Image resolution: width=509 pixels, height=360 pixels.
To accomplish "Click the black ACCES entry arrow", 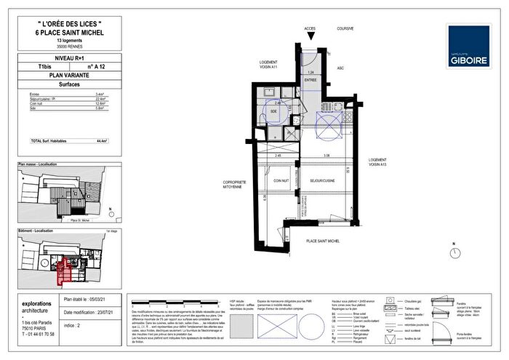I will coord(310,36).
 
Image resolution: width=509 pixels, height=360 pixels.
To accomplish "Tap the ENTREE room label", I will coord(311,80).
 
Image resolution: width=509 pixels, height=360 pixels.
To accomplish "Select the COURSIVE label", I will coord(344,29).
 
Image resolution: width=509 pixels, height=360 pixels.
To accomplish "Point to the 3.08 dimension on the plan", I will coord(327,156).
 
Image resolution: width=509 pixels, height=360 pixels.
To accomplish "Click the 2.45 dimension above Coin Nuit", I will coord(276,156).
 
